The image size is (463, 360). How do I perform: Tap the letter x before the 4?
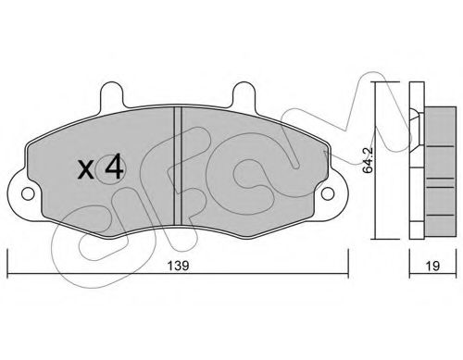[x=85, y=169]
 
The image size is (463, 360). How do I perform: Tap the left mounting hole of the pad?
[x=27, y=194]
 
